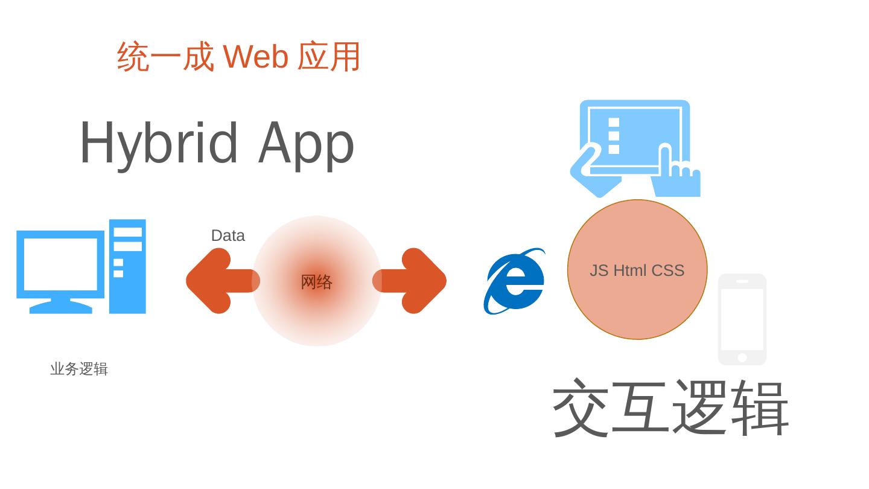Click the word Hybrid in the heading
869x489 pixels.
[158, 143]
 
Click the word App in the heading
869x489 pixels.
[306, 143]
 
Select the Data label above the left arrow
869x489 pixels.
[228, 235]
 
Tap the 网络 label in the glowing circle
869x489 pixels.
[316, 282]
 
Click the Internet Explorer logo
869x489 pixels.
[514, 281]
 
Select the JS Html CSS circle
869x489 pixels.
[637, 302]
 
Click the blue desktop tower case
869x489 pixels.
[127, 266]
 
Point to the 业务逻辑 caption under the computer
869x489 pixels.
[79, 369]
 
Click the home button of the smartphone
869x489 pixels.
[742, 357]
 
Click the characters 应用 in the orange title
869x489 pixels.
[329, 57]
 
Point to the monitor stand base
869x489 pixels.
[60, 307]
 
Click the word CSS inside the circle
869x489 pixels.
[667, 270]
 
